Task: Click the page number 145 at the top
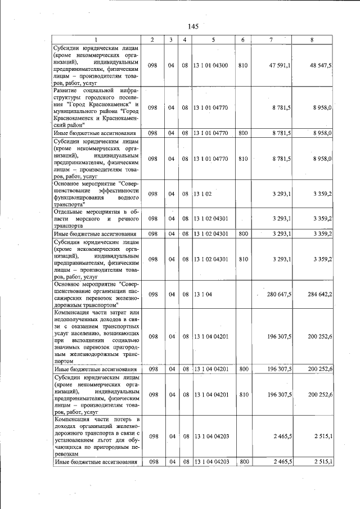pyautogui.click(x=193, y=26)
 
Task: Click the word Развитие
pyautogui.click(x=67, y=90)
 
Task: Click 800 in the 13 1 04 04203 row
pyautogui.click(x=244, y=462)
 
